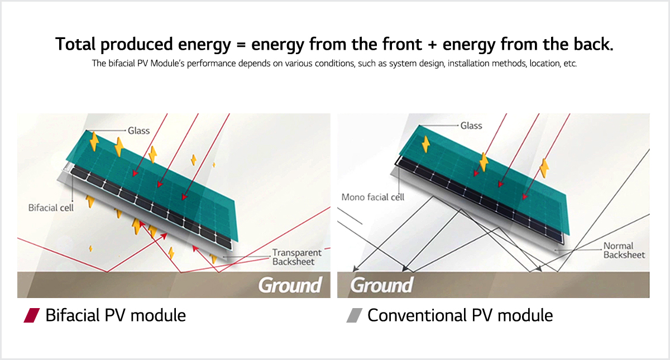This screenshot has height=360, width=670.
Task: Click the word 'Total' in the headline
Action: click(75, 44)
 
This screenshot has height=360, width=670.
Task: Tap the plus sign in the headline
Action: click(432, 45)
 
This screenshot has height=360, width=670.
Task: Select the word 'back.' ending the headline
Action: click(594, 44)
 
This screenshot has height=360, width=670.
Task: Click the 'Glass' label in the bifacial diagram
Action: click(139, 131)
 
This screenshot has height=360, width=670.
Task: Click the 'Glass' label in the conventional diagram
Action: click(471, 126)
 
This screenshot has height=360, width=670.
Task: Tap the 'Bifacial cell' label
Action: click(51, 208)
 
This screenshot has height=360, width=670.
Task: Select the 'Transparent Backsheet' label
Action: click(296, 257)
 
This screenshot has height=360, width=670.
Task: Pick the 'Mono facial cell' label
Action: click(373, 197)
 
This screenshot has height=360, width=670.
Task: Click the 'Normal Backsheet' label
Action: click(624, 250)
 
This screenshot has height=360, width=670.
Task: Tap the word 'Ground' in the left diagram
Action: click(290, 285)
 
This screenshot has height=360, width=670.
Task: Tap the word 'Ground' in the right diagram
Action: click(382, 285)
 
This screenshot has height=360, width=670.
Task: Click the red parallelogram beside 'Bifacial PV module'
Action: click(32, 315)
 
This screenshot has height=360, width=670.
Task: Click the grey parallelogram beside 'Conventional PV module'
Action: click(355, 315)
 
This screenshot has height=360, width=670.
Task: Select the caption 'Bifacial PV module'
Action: click(116, 315)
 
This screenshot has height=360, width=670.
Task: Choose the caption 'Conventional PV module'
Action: click(460, 315)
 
